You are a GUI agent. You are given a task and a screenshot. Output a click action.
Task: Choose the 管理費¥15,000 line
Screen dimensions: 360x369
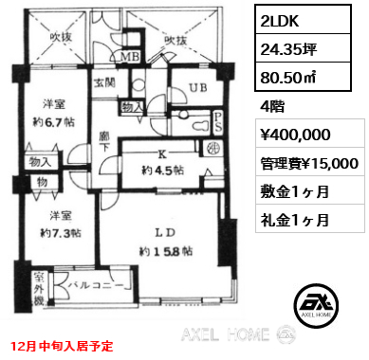pyautogui.click(x=304, y=164)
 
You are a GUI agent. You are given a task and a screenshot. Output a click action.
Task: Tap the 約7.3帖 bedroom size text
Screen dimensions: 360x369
pyautogui.click(x=52, y=232)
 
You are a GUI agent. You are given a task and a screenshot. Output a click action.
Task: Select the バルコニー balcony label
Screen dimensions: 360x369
pyautogui.click(x=89, y=282)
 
